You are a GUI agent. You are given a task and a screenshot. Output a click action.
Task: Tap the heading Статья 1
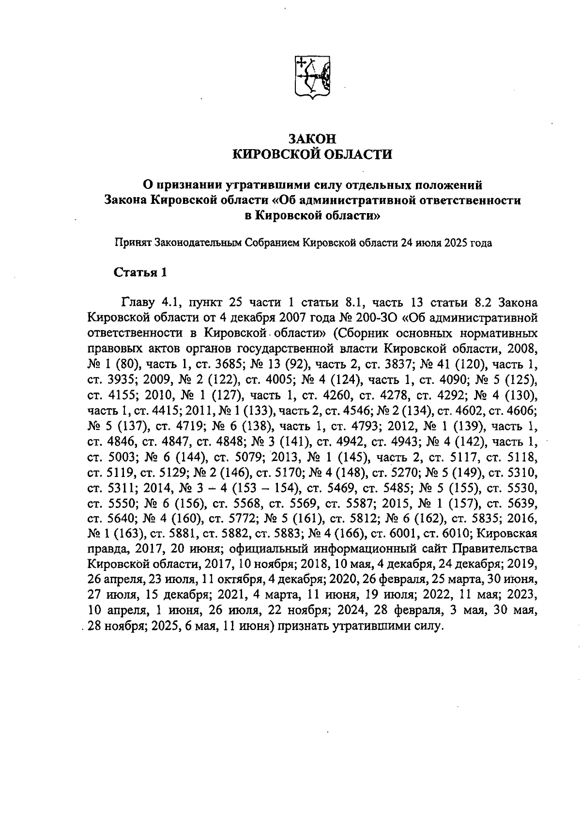140,273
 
